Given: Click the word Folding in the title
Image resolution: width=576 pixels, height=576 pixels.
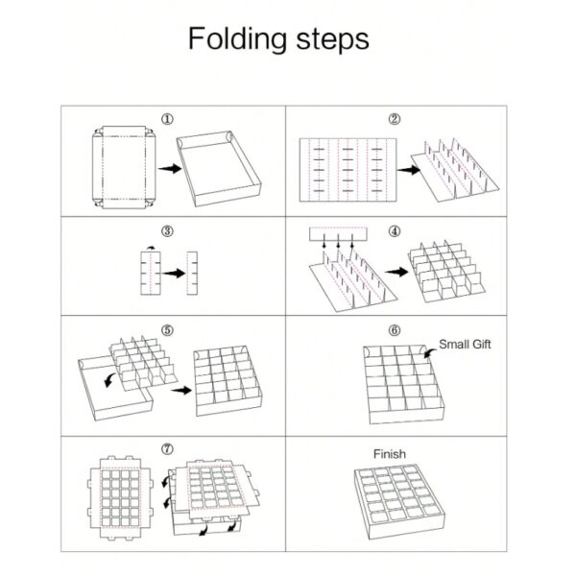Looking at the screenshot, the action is click(238, 39).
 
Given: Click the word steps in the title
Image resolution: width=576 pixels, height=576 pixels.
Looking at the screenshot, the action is click(332, 39).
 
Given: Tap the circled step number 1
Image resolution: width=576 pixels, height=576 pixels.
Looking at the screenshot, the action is click(167, 119).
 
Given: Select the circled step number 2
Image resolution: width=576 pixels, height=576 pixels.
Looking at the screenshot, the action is click(395, 119).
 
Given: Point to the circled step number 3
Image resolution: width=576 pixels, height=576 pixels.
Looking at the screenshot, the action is click(167, 231).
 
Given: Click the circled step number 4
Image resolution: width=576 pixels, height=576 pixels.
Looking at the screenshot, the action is click(395, 231).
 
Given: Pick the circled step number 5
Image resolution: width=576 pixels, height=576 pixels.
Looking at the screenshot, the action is click(167, 330).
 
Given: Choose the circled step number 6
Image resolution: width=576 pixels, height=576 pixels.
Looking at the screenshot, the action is click(395, 330).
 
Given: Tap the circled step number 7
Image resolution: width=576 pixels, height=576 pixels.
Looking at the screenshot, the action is click(167, 449).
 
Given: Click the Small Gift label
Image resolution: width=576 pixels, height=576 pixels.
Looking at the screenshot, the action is click(465, 345).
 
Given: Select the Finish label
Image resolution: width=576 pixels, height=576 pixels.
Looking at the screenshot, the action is click(390, 454).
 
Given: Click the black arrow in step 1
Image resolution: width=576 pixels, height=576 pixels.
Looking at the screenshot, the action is click(170, 169).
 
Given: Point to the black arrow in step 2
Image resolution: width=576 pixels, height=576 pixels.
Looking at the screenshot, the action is click(409, 170).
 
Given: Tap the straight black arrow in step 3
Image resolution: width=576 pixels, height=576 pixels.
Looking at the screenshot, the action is click(174, 274).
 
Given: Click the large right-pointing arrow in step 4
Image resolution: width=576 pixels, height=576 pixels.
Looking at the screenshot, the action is click(396, 272).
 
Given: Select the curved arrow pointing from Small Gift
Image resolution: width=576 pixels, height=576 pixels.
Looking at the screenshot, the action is click(430, 353).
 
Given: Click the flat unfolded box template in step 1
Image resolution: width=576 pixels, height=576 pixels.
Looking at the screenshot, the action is click(124, 167).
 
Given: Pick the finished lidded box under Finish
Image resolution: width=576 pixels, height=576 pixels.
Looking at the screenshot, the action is click(400, 501).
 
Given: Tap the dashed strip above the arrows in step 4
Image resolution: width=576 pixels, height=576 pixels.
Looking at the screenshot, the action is click(338, 234).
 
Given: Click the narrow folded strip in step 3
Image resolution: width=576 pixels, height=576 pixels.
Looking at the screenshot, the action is click(192, 273).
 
